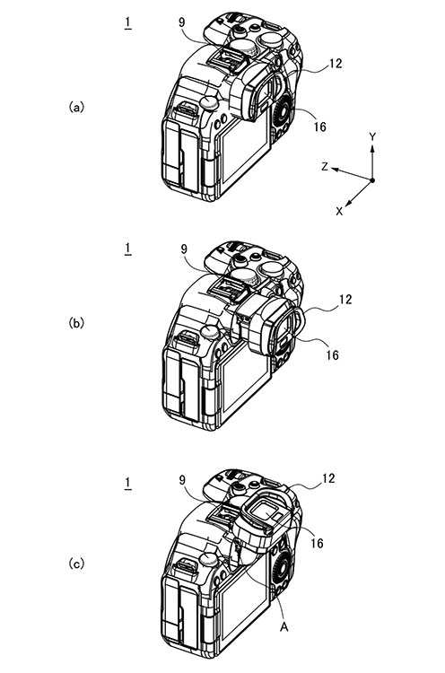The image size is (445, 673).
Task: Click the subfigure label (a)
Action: click(76, 107)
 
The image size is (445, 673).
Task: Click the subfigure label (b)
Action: click(76, 323)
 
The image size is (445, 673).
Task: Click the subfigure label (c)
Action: click(76, 564)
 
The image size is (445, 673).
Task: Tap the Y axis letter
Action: click(372, 137)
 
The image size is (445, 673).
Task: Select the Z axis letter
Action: click(325, 167)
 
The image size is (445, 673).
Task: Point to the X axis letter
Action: click(339, 211)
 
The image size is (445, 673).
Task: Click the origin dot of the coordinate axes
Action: click(372, 180)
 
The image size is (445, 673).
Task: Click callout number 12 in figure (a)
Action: click(336, 64)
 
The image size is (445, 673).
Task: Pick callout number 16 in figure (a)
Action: click(319, 127)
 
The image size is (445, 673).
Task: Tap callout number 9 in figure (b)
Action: click(185, 249)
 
